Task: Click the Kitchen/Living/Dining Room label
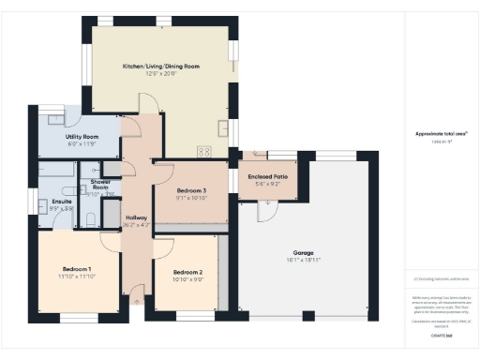pos(161,67)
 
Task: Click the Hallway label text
pos(136,217)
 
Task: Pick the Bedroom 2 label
pos(188,272)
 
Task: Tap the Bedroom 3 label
pos(191,190)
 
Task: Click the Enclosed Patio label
pos(267,177)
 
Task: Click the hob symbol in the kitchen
pos(203,151)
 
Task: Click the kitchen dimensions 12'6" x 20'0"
pos(161,74)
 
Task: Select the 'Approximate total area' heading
pos(441,133)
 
